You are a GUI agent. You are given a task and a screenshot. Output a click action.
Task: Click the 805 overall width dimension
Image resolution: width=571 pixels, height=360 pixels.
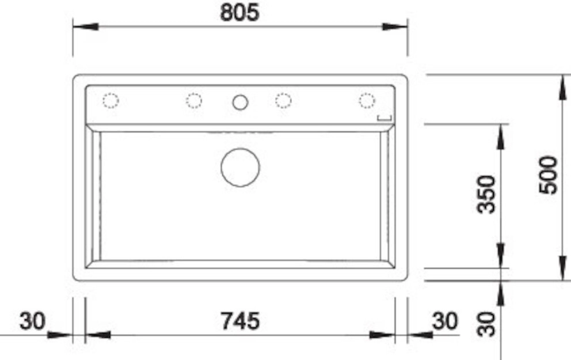pos(239,13)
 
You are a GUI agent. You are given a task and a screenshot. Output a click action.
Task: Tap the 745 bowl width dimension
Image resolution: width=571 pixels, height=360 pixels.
pos(241,321)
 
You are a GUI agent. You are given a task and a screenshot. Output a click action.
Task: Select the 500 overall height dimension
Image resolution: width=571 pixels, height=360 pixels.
pos(549,175)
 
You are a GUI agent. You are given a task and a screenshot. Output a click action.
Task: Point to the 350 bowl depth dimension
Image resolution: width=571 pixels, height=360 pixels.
pos(486,194)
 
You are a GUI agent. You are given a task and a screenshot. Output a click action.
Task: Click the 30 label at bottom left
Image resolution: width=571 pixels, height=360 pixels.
pos(32,321)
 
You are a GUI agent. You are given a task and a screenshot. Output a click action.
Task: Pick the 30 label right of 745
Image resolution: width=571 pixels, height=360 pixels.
pos(444,321)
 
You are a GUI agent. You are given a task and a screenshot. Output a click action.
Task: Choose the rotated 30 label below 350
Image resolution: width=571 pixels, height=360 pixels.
pos(486,324)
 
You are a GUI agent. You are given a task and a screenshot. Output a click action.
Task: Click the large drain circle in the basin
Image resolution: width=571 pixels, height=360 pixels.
pos(241,167)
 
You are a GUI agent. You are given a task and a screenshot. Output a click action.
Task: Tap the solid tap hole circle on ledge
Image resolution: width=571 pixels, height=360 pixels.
pos(241,103)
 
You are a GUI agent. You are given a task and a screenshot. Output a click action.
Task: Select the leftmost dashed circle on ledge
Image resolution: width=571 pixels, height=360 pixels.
pos(111,101)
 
